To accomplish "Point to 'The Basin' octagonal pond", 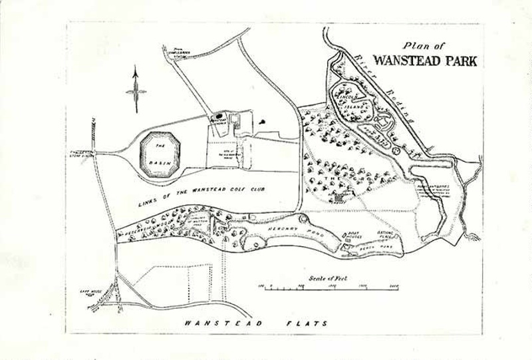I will click(x=159, y=155).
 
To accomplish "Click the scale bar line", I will click(x=329, y=286).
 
